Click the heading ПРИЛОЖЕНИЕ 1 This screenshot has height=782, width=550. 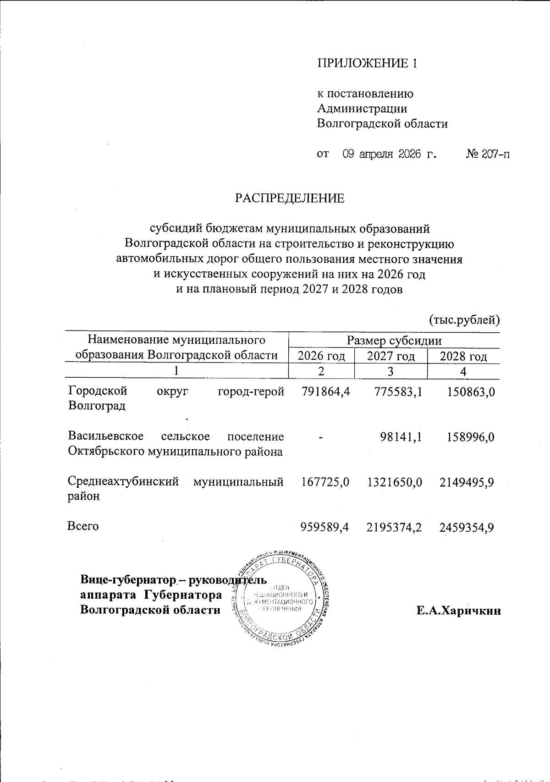(x=368, y=63)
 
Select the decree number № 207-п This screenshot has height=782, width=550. (x=488, y=154)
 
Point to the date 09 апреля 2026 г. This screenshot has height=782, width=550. (x=390, y=154)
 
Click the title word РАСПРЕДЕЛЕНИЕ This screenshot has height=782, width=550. (x=290, y=198)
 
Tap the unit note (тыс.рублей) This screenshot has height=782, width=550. (x=464, y=319)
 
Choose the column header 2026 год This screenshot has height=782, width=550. (x=321, y=356)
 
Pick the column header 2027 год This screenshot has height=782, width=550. (x=391, y=356)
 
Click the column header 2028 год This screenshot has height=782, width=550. (x=463, y=356)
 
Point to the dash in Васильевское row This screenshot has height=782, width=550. (x=321, y=437)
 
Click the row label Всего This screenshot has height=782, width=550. (x=83, y=526)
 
